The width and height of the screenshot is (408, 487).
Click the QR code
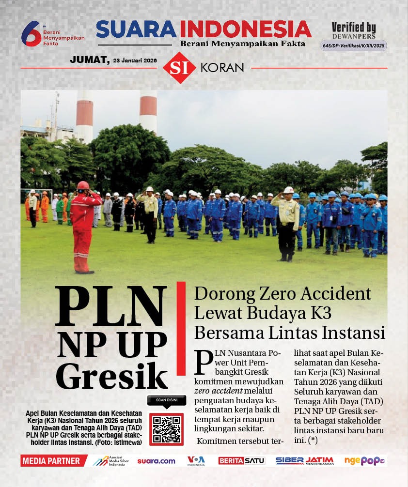(x=166, y=429)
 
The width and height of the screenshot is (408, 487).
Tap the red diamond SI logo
(x=179, y=67)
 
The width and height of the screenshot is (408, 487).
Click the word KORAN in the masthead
(x=221, y=68)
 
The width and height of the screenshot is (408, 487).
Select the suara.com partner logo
(x=156, y=461)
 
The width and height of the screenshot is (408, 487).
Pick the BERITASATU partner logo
(x=241, y=461)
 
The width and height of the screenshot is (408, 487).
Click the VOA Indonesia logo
(x=196, y=460)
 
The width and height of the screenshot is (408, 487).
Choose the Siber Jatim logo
(x=304, y=460)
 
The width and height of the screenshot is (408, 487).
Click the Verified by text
(x=354, y=28)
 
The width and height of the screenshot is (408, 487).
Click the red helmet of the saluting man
(x=83, y=185)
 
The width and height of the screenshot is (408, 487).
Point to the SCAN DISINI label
(x=166, y=400)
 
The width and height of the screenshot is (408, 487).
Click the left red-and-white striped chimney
(x=84, y=116)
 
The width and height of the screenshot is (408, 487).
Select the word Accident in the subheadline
(x=330, y=294)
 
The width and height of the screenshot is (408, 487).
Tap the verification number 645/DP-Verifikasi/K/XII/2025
(x=354, y=46)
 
